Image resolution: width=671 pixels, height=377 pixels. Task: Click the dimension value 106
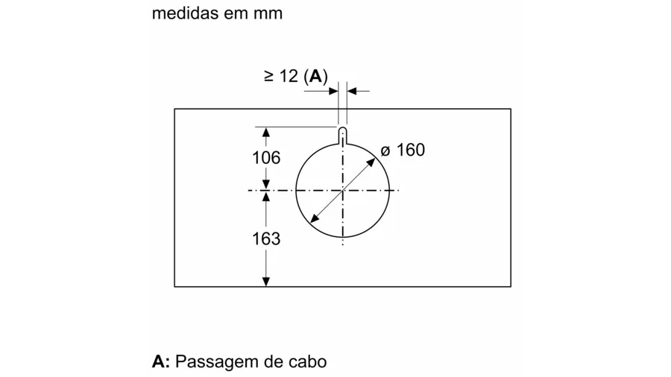(266, 158)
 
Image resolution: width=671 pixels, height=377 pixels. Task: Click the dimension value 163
(266, 238)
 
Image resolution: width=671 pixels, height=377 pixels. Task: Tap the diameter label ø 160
(403, 150)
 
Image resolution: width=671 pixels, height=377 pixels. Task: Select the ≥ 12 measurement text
(281, 76)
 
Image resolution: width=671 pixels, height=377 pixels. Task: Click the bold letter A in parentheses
(315, 76)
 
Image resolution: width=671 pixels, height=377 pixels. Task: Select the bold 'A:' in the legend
(161, 361)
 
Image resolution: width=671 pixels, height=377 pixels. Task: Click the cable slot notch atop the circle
(343, 136)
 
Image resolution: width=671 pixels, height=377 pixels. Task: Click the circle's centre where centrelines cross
(343, 190)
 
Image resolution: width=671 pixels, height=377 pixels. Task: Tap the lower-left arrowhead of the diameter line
(315, 218)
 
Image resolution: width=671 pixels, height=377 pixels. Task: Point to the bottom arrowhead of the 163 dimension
(266, 282)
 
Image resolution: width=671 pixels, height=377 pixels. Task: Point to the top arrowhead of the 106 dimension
(266, 132)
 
